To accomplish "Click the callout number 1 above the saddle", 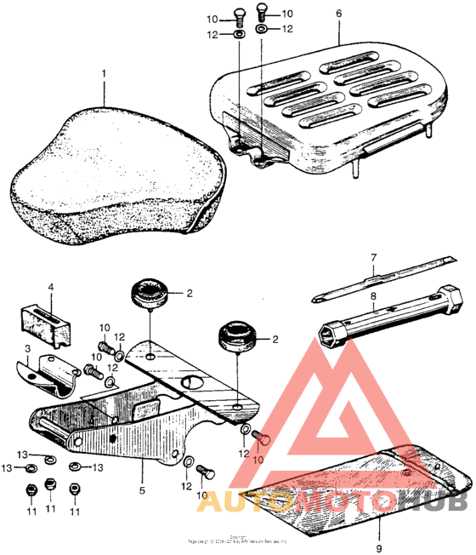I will [x=105, y=74].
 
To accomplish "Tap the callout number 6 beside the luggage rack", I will [x=338, y=14].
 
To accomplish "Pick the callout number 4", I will [x=50, y=289].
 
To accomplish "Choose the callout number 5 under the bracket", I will [x=142, y=492].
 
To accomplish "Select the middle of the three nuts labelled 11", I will [x=49, y=486].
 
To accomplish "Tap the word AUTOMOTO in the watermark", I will [x=298, y=502].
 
